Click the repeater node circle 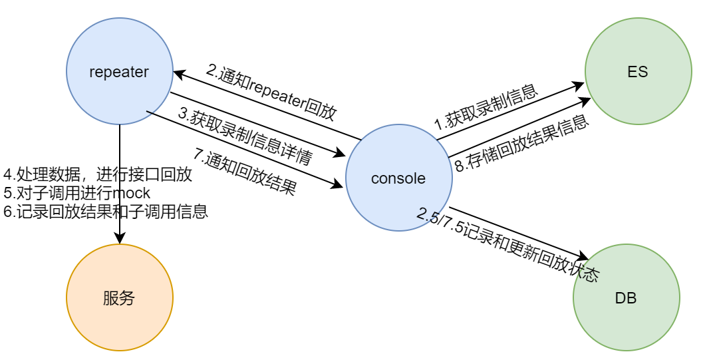pos(120,71)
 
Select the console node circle pos(399,178)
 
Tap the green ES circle pos(638,71)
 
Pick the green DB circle pos(626,297)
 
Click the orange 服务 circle pos(120,297)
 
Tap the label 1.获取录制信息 pos(486,106)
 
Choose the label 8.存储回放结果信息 pos(522,143)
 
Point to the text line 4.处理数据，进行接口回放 pos(98,175)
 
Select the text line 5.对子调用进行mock pos(77,193)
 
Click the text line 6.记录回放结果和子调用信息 pos(106,212)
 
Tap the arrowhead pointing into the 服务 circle pos(120,239)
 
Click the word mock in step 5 pos(133,193)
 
